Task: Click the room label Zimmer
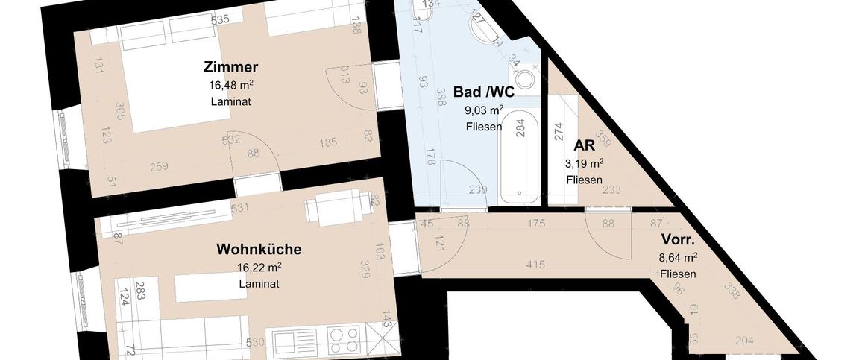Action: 230,68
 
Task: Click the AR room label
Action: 584,146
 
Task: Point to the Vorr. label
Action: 678,241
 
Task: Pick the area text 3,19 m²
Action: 584,163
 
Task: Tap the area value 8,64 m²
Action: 678,257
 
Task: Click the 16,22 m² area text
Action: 259,267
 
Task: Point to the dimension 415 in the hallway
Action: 535,264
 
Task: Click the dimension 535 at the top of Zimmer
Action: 219,19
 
